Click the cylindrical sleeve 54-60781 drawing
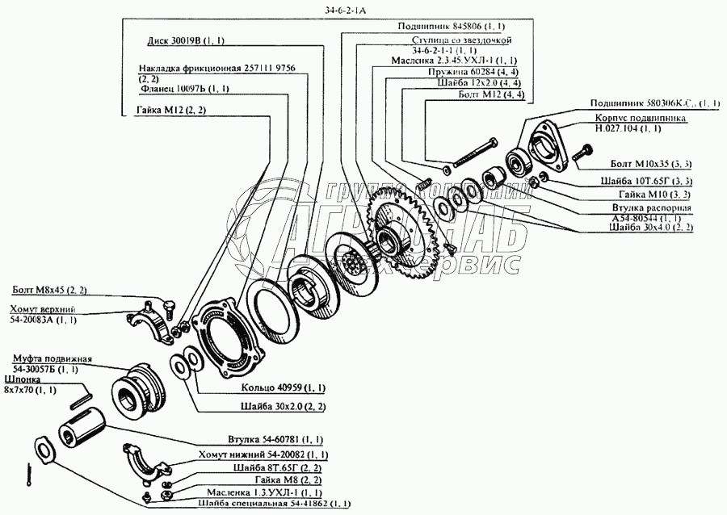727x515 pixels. pyautogui.click(x=81, y=427)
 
